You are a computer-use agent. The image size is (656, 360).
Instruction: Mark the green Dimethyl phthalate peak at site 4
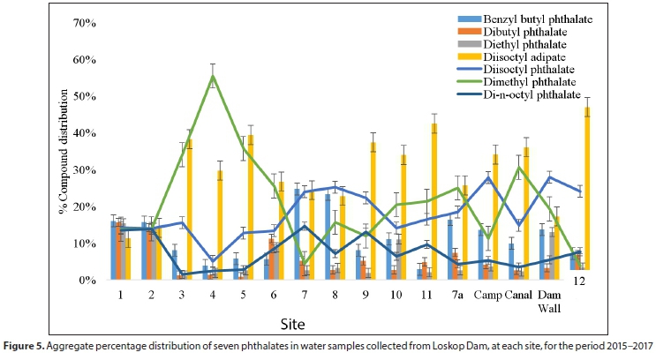213,76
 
